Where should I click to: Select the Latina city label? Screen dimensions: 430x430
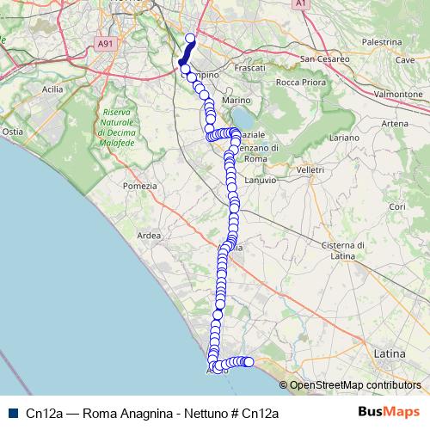pyautogui.click(x=390, y=353)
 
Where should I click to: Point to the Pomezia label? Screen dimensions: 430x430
pyautogui.click(x=140, y=186)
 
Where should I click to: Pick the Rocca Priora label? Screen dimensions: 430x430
pyautogui.click(x=298, y=83)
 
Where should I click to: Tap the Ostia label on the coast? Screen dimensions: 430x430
pyautogui.click(x=13, y=132)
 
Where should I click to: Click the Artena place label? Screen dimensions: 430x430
pyautogui.click(x=395, y=124)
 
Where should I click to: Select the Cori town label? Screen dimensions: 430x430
pyautogui.click(x=396, y=207)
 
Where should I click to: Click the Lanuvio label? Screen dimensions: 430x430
pyautogui.click(x=260, y=180)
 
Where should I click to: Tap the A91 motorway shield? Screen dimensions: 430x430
pyautogui.click(x=105, y=43)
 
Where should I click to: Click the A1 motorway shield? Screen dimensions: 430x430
pyautogui.click(x=300, y=4)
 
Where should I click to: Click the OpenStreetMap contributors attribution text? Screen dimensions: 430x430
pyautogui.click(x=355, y=385)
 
